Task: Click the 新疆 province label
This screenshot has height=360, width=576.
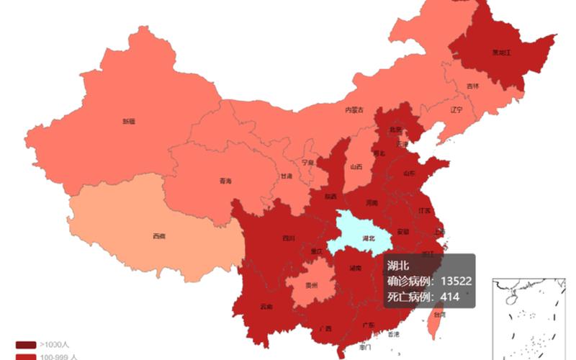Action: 128,122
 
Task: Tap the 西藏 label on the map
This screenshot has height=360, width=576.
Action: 158,235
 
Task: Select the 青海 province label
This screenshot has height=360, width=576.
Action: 226,181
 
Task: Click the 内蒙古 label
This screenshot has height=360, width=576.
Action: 354,110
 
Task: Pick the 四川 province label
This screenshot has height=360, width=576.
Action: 288,238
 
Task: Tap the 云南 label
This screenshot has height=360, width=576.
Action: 266,307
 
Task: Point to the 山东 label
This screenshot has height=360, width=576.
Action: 409,174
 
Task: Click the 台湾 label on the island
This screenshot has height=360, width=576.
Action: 438,314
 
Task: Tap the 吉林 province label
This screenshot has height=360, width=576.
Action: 472,86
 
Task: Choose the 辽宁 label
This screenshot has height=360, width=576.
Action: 456,110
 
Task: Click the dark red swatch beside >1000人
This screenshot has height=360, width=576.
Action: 25,344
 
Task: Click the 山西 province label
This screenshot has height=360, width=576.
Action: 356,166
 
